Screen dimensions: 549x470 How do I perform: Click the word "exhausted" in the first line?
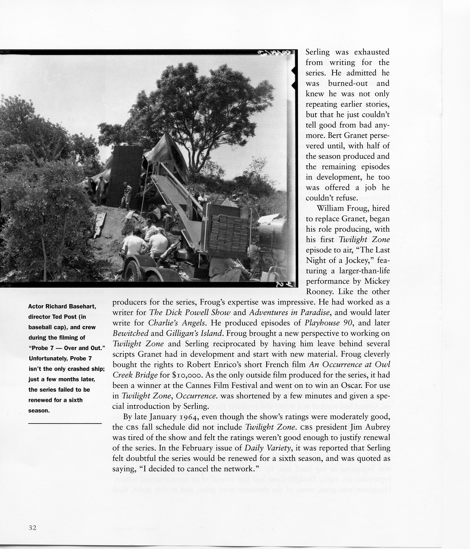[372, 52]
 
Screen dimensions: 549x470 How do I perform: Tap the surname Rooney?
[319, 292]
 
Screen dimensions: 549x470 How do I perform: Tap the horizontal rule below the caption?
[65, 423]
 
